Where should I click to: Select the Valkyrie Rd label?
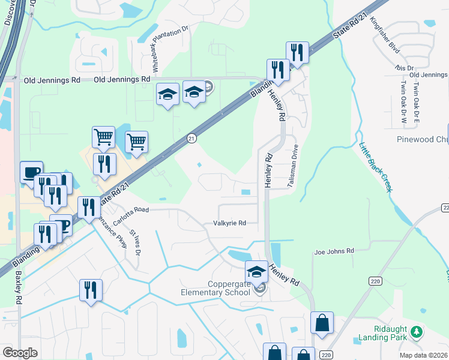tap(230, 223)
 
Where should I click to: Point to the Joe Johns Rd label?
tap(334, 251)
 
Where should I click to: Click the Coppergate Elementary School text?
tap(220, 288)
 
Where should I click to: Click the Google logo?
tap(20, 353)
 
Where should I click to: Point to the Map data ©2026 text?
tap(424, 355)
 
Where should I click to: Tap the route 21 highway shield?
tap(191, 138)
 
